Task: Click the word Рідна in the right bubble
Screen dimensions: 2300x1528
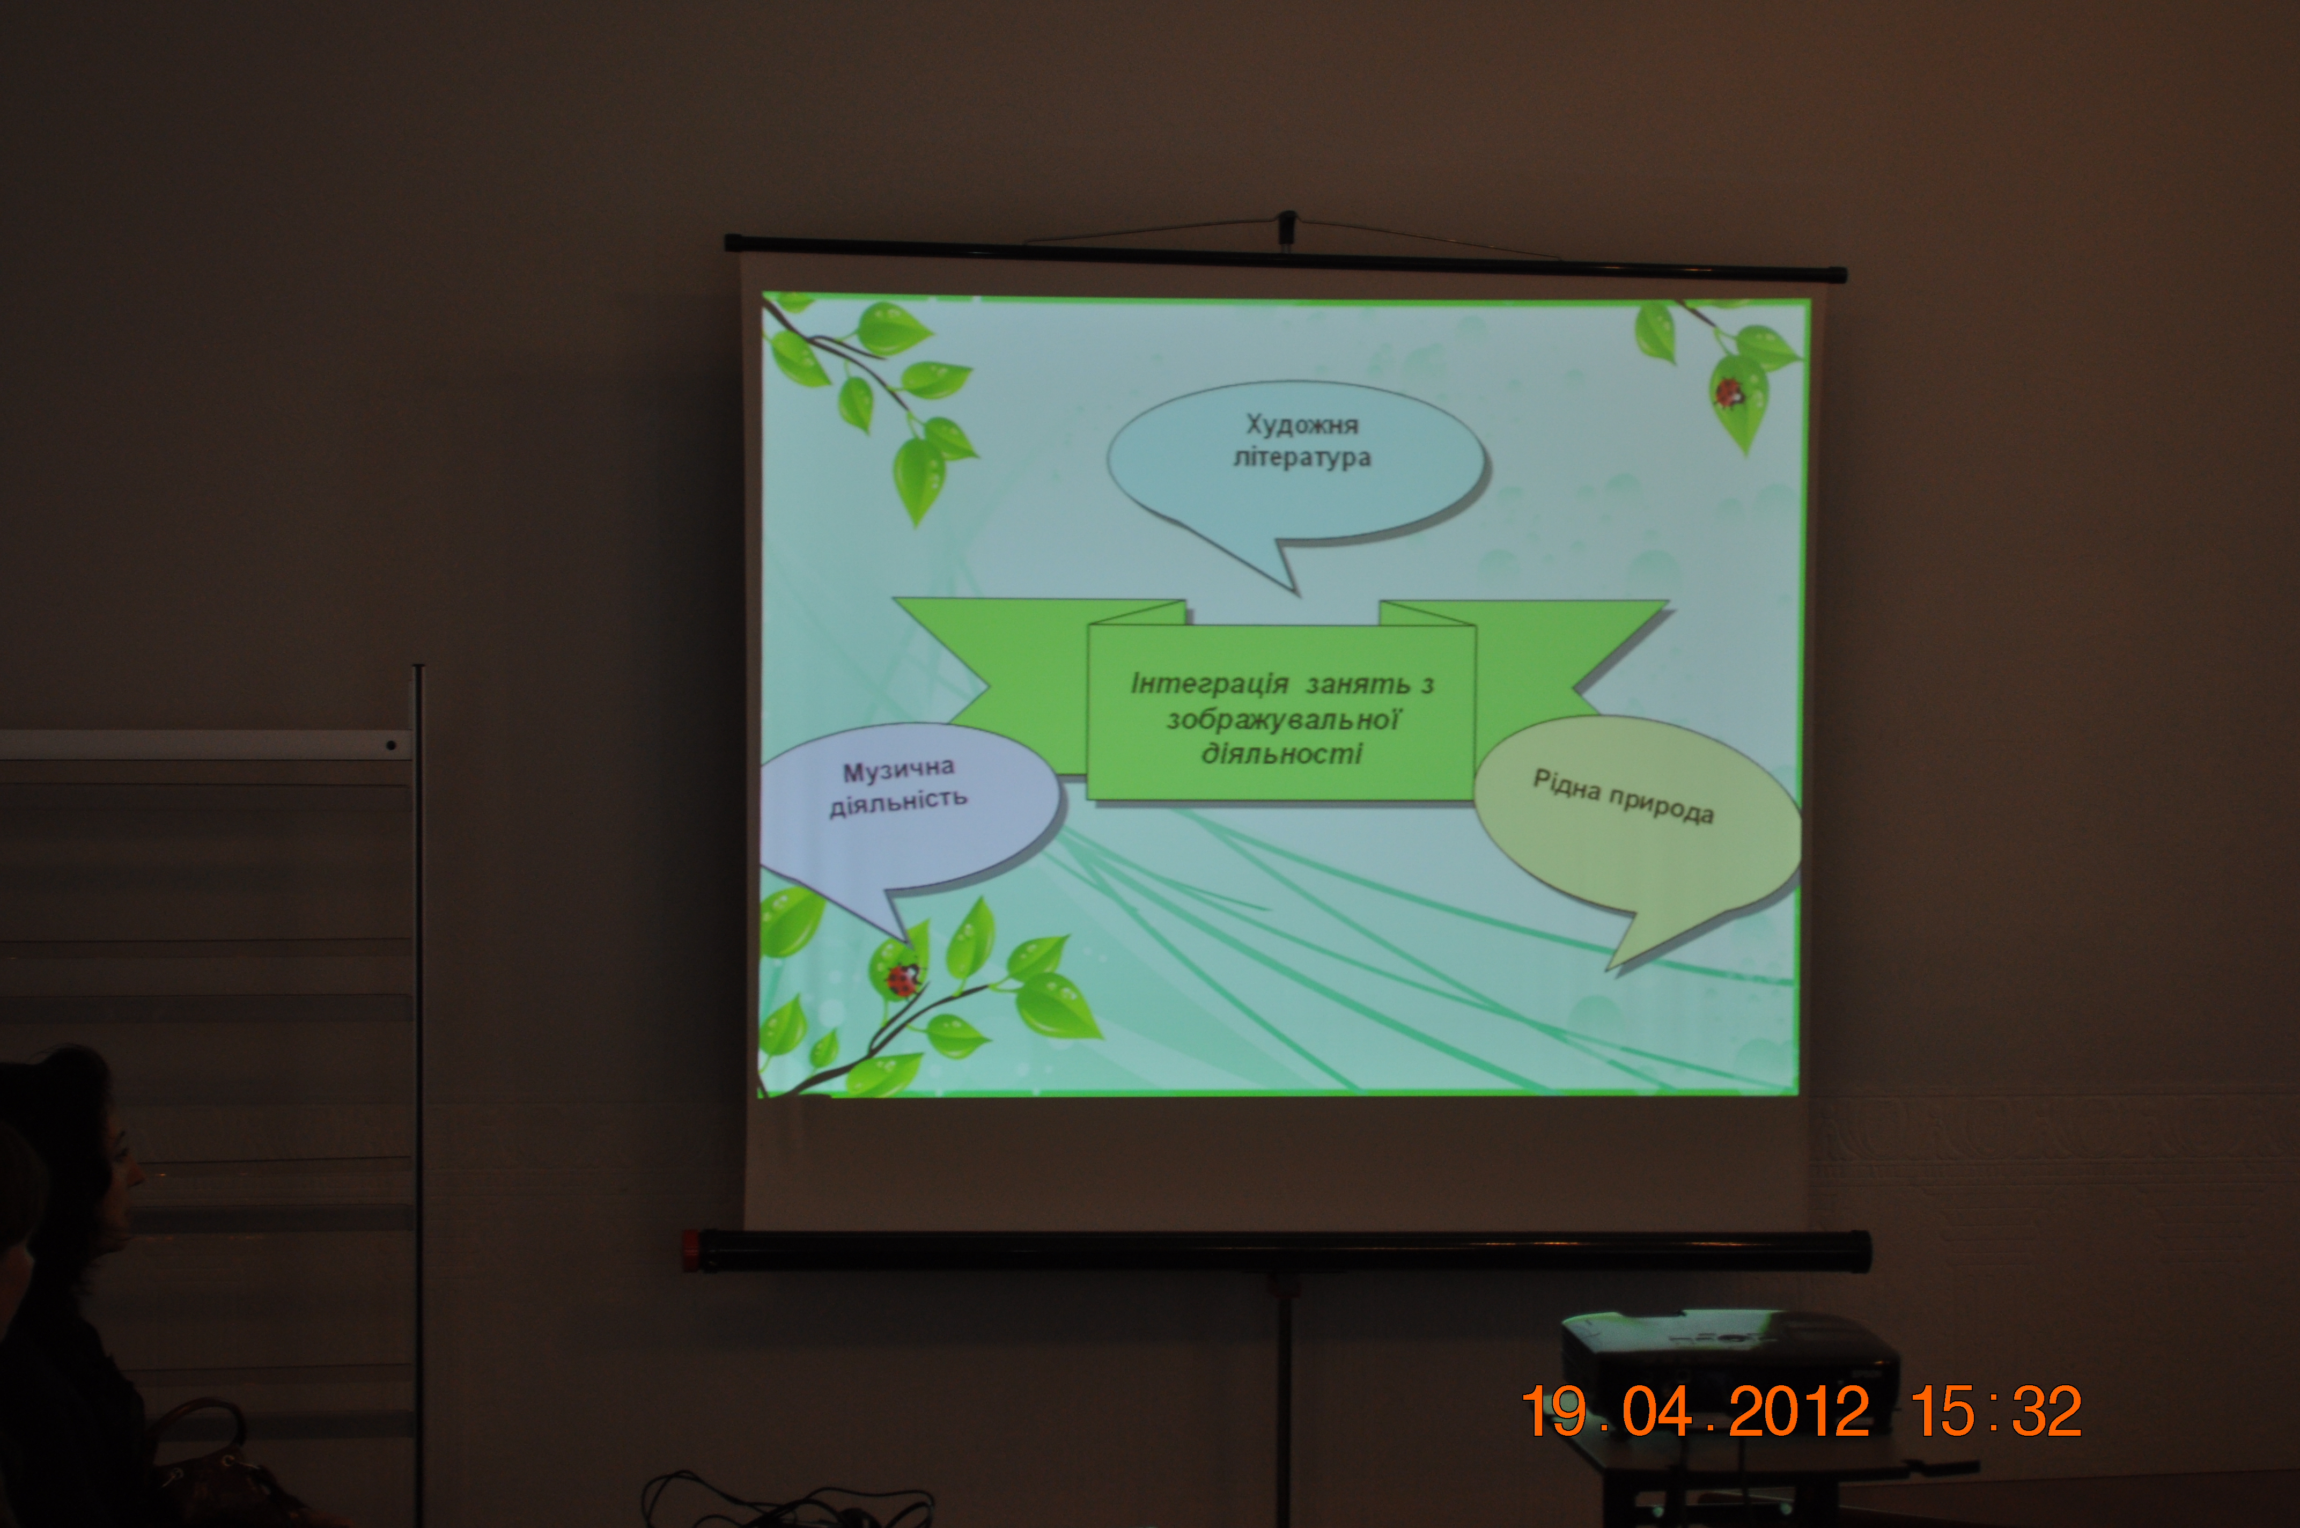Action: (x=1566, y=784)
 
